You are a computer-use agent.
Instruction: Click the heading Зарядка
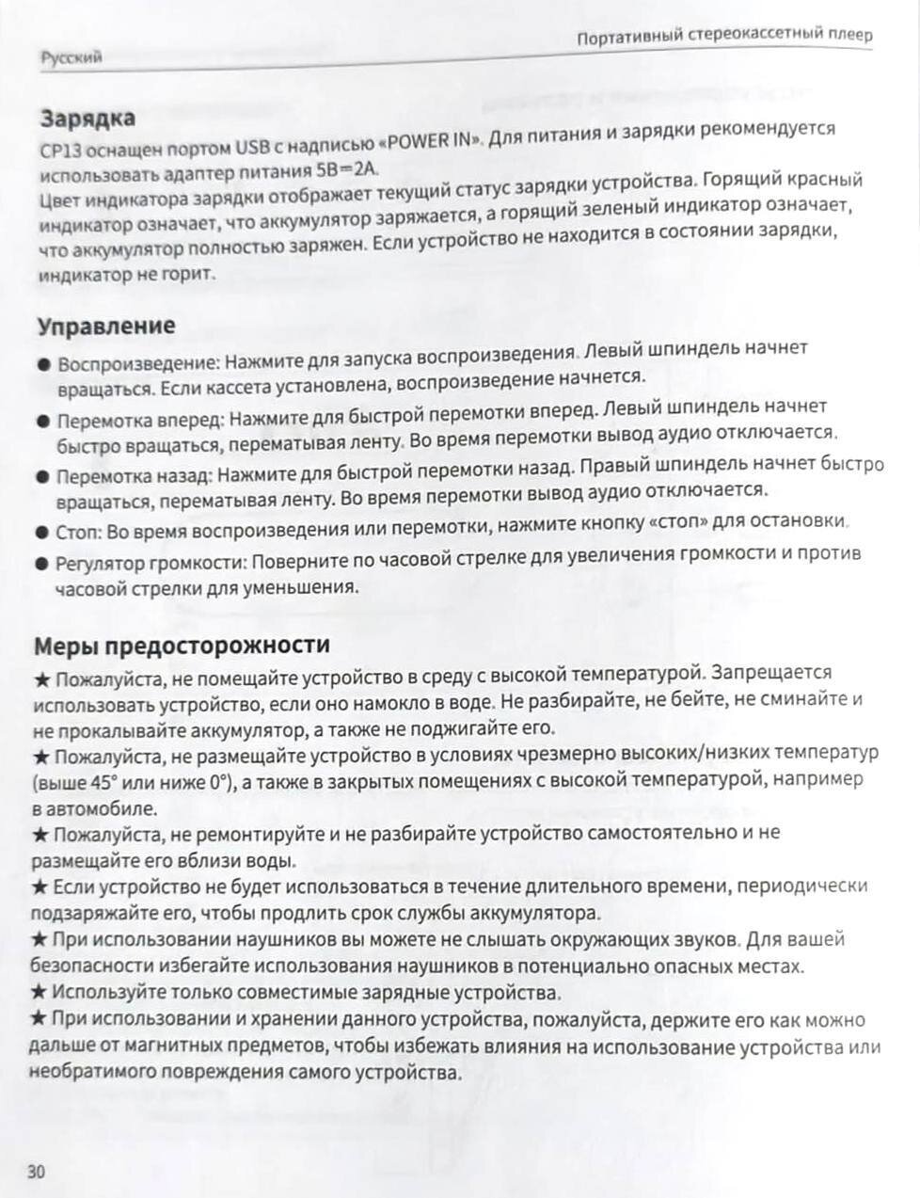tap(87, 119)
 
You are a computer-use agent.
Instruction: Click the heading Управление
tap(106, 326)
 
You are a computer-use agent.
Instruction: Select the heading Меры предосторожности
tap(182, 646)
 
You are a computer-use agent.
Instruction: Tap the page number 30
tap(37, 1172)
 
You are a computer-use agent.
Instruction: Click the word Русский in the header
tap(71, 57)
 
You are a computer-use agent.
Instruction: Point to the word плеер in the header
tap(850, 36)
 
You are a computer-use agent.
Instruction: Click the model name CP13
tap(58, 150)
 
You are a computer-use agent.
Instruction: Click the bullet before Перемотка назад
tap(42, 476)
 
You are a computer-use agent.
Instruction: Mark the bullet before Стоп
tap(41, 533)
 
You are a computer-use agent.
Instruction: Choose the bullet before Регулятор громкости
tap(40, 564)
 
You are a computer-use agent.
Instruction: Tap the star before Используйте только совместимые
tap(40, 991)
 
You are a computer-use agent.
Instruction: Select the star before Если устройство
tap(40, 887)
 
